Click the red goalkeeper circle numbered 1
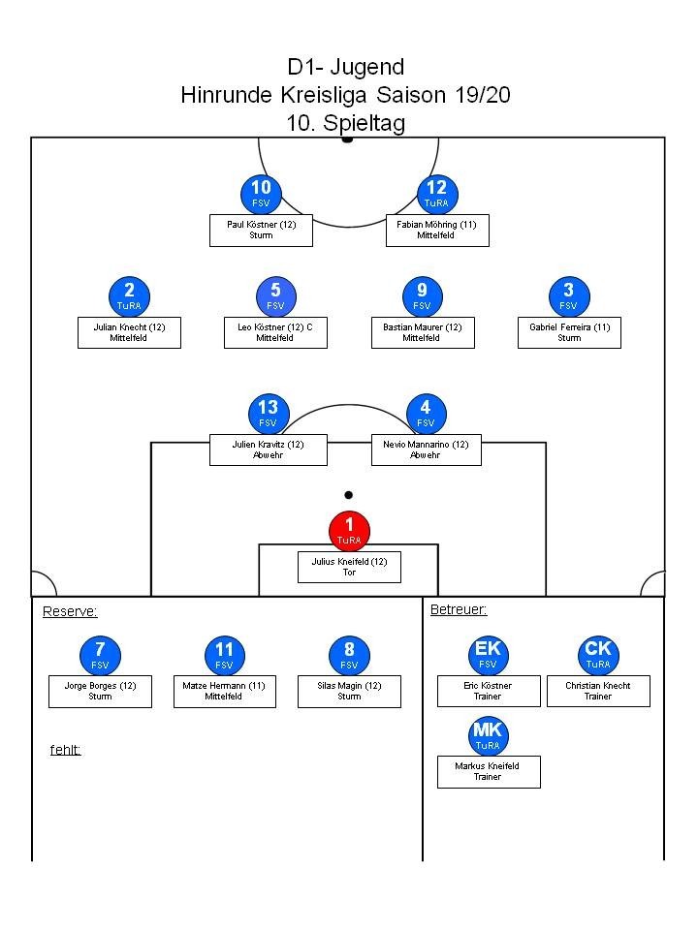pyautogui.click(x=349, y=530)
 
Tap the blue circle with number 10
pyautogui.click(x=261, y=194)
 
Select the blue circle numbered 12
pyautogui.click(x=436, y=194)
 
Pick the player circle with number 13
pyautogui.click(x=268, y=413)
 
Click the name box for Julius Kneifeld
pyautogui.click(x=349, y=567)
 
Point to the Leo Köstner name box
pyautogui.click(x=275, y=332)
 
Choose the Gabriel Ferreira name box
pyautogui.click(x=569, y=332)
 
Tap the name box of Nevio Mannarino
pyautogui.click(x=426, y=449)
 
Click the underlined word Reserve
pyautogui.click(x=70, y=611)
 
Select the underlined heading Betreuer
pyautogui.click(x=459, y=609)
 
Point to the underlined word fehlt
pyautogui.click(x=65, y=750)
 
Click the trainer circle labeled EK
pyautogui.click(x=488, y=654)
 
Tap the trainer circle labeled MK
pyautogui.click(x=488, y=735)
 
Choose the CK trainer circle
pyautogui.click(x=597, y=654)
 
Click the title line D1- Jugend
pyautogui.click(x=345, y=67)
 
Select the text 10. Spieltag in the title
pyautogui.click(x=345, y=123)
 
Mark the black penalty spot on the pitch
pyautogui.click(x=349, y=495)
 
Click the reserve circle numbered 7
pyautogui.click(x=100, y=655)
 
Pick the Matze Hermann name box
pyautogui.click(x=225, y=691)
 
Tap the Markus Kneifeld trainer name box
pyautogui.click(x=488, y=771)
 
